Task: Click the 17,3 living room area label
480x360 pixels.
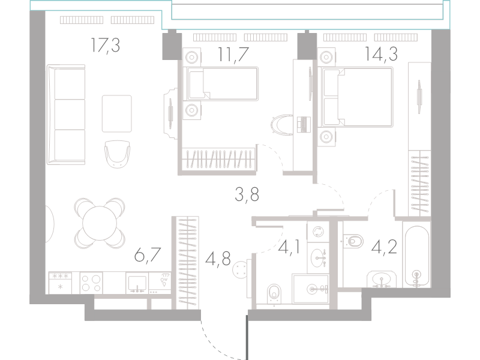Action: click(106, 46)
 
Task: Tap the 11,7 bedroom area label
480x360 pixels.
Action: click(233, 54)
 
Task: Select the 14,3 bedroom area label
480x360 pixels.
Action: click(381, 54)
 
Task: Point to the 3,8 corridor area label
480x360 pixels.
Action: click(247, 194)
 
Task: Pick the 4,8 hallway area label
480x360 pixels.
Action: click(218, 259)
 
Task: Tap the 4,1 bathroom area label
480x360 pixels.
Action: click(289, 247)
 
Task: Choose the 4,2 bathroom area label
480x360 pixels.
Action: click(384, 247)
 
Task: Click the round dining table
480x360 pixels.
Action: click(100, 223)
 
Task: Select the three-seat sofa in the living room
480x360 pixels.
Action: click(66, 115)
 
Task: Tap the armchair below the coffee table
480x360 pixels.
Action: click(117, 154)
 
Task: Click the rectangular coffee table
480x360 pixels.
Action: click(117, 113)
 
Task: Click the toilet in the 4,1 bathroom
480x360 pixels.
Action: click(274, 295)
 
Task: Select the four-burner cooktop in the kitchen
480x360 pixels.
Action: click(91, 283)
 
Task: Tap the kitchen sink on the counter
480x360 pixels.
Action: click(137, 283)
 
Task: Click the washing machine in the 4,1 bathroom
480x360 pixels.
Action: click(318, 232)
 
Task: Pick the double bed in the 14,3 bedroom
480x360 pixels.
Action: click(357, 97)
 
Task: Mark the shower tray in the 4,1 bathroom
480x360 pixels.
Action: click(310, 289)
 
